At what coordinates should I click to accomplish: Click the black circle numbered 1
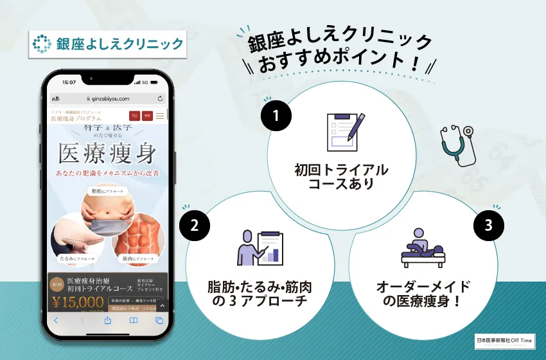(x=276, y=116)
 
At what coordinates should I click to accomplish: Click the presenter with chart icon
(x=260, y=248)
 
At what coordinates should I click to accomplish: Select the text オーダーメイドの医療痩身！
(x=423, y=293)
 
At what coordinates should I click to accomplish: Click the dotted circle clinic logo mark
(x=42, y=44)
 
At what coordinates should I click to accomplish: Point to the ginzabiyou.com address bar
(x=107, y=98)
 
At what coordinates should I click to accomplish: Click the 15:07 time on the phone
(x=69, y=82)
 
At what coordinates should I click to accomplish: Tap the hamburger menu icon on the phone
(x=159, y=116)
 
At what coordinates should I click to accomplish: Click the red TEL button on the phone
(x=134, y=116)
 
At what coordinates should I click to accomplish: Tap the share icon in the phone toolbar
(x=107, y=320)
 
